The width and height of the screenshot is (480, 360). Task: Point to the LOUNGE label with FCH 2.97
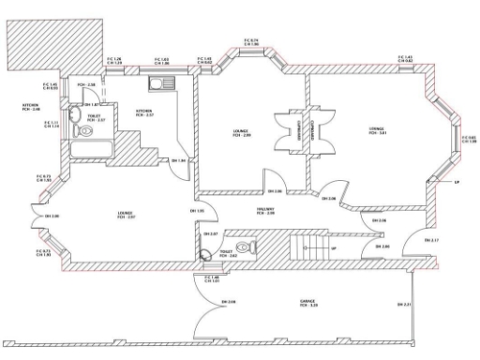pos(126,215)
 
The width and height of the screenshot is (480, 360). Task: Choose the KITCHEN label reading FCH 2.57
pos(144,112)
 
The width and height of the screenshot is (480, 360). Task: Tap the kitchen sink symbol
pos(157,83)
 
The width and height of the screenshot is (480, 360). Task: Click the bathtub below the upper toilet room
pos(89,148)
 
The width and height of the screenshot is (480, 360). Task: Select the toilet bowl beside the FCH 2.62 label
pos(208,250)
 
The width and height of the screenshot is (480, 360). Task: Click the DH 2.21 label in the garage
pos(405,304)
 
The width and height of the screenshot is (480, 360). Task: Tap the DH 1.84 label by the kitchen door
pos(177,160)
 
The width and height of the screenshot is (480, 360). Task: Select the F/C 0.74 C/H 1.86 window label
pos(250,41)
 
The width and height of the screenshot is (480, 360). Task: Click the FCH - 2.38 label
pos(88,85)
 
